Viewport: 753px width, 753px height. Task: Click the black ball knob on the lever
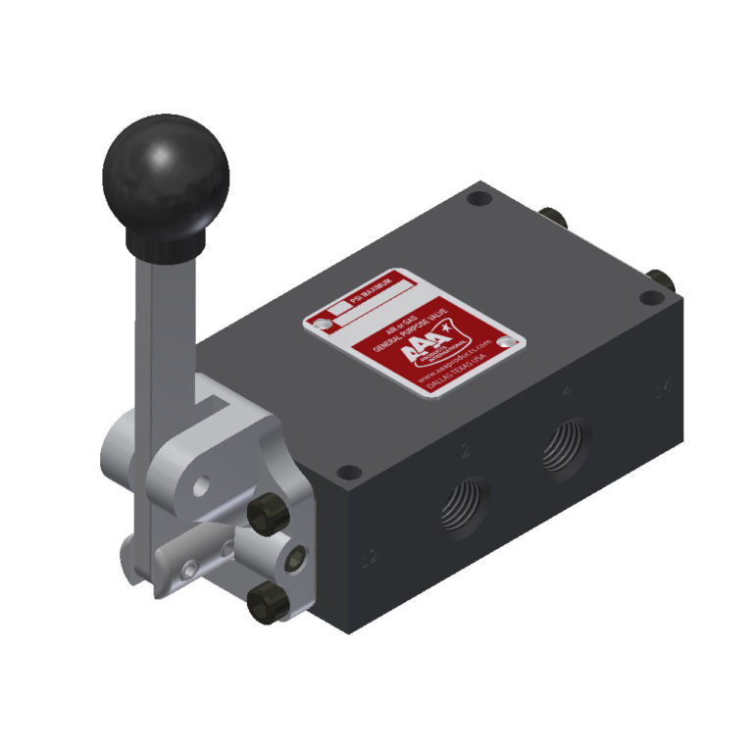[x=165, y=176]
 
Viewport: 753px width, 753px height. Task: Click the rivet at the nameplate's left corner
[x=319, y=321]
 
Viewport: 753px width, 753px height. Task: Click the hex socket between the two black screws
[x=293, y=557]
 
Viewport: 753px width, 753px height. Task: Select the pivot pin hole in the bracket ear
[x=200, y=484]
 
